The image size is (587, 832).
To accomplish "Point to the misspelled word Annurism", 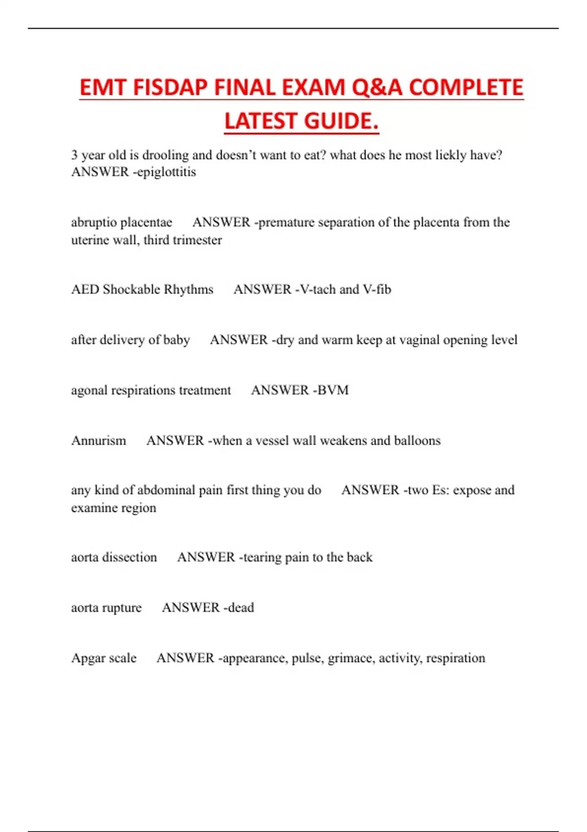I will pos(99,441).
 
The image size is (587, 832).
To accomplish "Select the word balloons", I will pos(417,441).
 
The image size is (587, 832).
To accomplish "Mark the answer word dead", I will pos(241,608).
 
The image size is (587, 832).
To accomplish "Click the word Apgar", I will pos(89,658).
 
